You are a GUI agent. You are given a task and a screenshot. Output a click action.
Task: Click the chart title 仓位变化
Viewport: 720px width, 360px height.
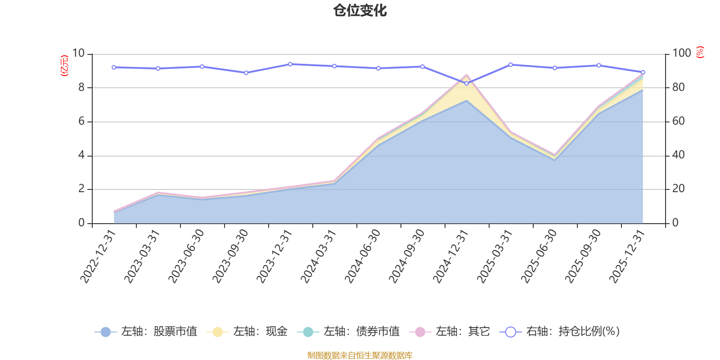click(x=360, y=10)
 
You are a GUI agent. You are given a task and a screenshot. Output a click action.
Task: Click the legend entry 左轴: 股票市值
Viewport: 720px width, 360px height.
click(x=146, y=332)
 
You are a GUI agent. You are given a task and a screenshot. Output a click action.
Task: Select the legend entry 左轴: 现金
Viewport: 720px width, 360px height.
click(x=247, y=332)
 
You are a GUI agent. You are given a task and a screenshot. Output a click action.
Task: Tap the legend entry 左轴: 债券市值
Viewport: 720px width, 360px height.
click(x=348, y=332)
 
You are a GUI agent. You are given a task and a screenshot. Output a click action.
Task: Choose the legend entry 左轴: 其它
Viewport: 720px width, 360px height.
click(x=450, y=332)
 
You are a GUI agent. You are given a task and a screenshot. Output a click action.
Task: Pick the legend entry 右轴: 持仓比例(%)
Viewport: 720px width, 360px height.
click(x=560, y=332)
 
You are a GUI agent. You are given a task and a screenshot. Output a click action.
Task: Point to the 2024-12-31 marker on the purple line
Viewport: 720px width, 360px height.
click(x=466, y=84)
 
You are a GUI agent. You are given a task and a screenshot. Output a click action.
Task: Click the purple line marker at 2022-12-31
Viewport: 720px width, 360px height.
click(x=114, y=67)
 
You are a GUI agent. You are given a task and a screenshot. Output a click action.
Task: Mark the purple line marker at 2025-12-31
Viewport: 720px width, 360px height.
click(x=643, y=72)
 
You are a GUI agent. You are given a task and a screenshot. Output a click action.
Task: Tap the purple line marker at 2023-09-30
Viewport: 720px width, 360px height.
click(x=246, y=72)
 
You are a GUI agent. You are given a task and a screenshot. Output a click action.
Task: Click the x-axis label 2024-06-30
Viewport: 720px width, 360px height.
click(x=363, y=256)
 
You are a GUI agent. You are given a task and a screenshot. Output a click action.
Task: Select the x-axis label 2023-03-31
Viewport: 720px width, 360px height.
click(x=142, y=256)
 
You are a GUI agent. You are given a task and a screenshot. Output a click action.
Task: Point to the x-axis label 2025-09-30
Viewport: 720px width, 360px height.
click(x=583, y=256)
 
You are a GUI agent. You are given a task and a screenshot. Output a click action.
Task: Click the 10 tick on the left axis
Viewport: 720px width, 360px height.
click(x=78, y=54)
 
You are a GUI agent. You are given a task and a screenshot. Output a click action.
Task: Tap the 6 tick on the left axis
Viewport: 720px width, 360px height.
click(x=81, y=121)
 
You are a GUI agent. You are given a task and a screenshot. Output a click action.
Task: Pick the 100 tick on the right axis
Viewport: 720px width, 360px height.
click(x=682, y=54)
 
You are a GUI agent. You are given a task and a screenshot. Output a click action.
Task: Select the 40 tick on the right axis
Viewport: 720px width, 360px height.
click(x=679, y=155)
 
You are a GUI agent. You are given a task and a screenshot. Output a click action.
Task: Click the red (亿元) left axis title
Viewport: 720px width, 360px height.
click(x=64, y=66)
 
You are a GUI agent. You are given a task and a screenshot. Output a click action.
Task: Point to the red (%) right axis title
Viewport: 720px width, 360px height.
click(x=700, y=52)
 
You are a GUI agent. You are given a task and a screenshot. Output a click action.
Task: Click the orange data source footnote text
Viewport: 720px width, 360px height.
click(x=360, y=355)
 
